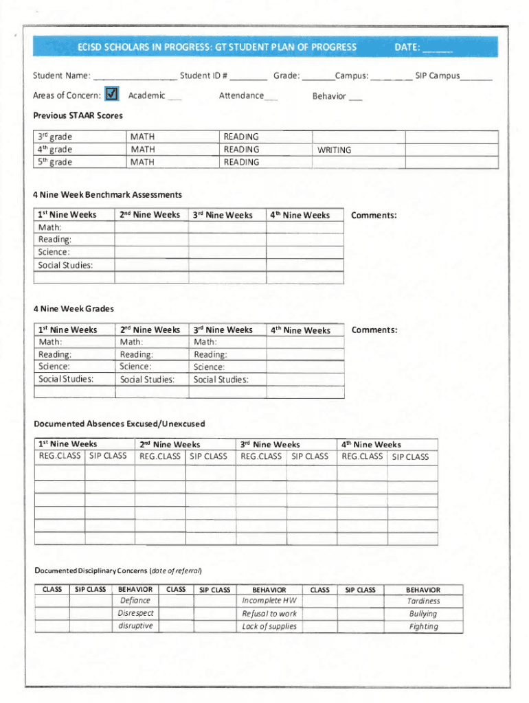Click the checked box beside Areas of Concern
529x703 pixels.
tap(113, 94)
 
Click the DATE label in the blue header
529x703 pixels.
tap(407, 47)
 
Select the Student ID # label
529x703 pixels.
tap(203, 76)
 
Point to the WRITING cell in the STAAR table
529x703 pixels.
tap(334, 150)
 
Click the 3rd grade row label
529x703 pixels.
tap(56, 137)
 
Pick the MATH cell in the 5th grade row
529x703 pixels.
tap(143, 162)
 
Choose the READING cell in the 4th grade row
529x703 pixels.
tap(241, 149)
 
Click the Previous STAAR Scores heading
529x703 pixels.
tap(78, 115)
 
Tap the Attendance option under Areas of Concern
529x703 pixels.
tap(241, 95)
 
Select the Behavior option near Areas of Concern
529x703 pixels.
tap(329, 96)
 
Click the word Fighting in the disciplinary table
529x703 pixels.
tap(423, 626)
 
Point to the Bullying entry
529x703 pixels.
tap(423, 614)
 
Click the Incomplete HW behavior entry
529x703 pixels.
tap(269, 601)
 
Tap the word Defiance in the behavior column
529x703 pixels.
tap(135, 601)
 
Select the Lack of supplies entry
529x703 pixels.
tap(269, 626)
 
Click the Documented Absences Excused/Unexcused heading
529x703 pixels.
tap(119, 424)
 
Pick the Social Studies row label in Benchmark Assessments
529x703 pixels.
tap(66, 265)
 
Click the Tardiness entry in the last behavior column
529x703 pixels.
tap(423, 601)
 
